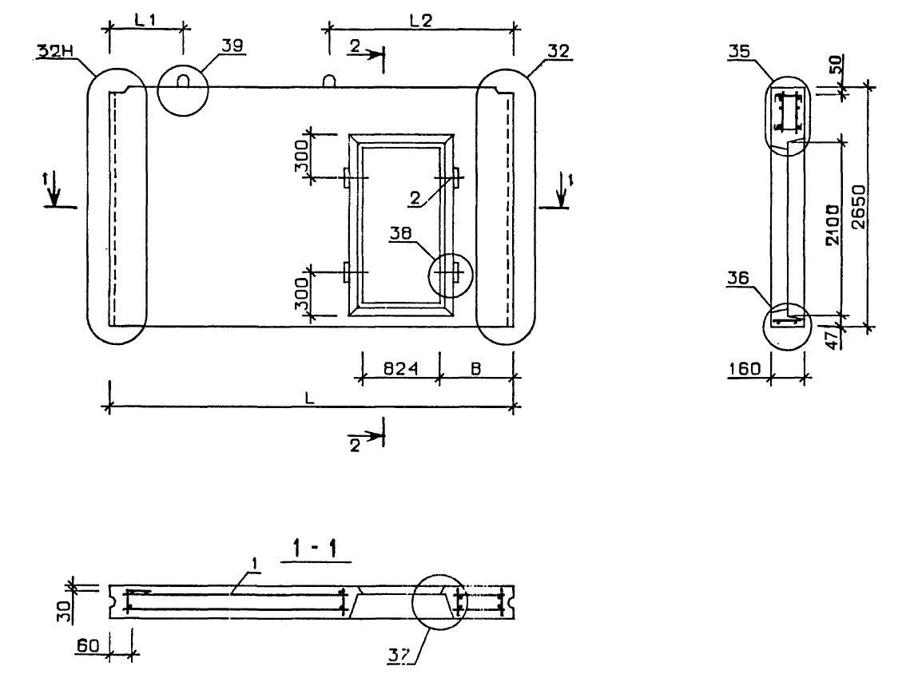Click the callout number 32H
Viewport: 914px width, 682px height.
coord(55,52)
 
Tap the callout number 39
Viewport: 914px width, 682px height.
coord(232,46)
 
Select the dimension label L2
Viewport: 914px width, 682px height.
coord(420,21)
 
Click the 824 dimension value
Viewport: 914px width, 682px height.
coord(400,368)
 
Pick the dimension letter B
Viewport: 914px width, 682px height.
coord(475,368)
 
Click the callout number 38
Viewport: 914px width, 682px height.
coord(400,233)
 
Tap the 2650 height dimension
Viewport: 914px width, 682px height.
coord(859,206)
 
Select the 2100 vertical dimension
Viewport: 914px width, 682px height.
coord(833,225)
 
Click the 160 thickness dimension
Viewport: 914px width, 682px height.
coord(745,368)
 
